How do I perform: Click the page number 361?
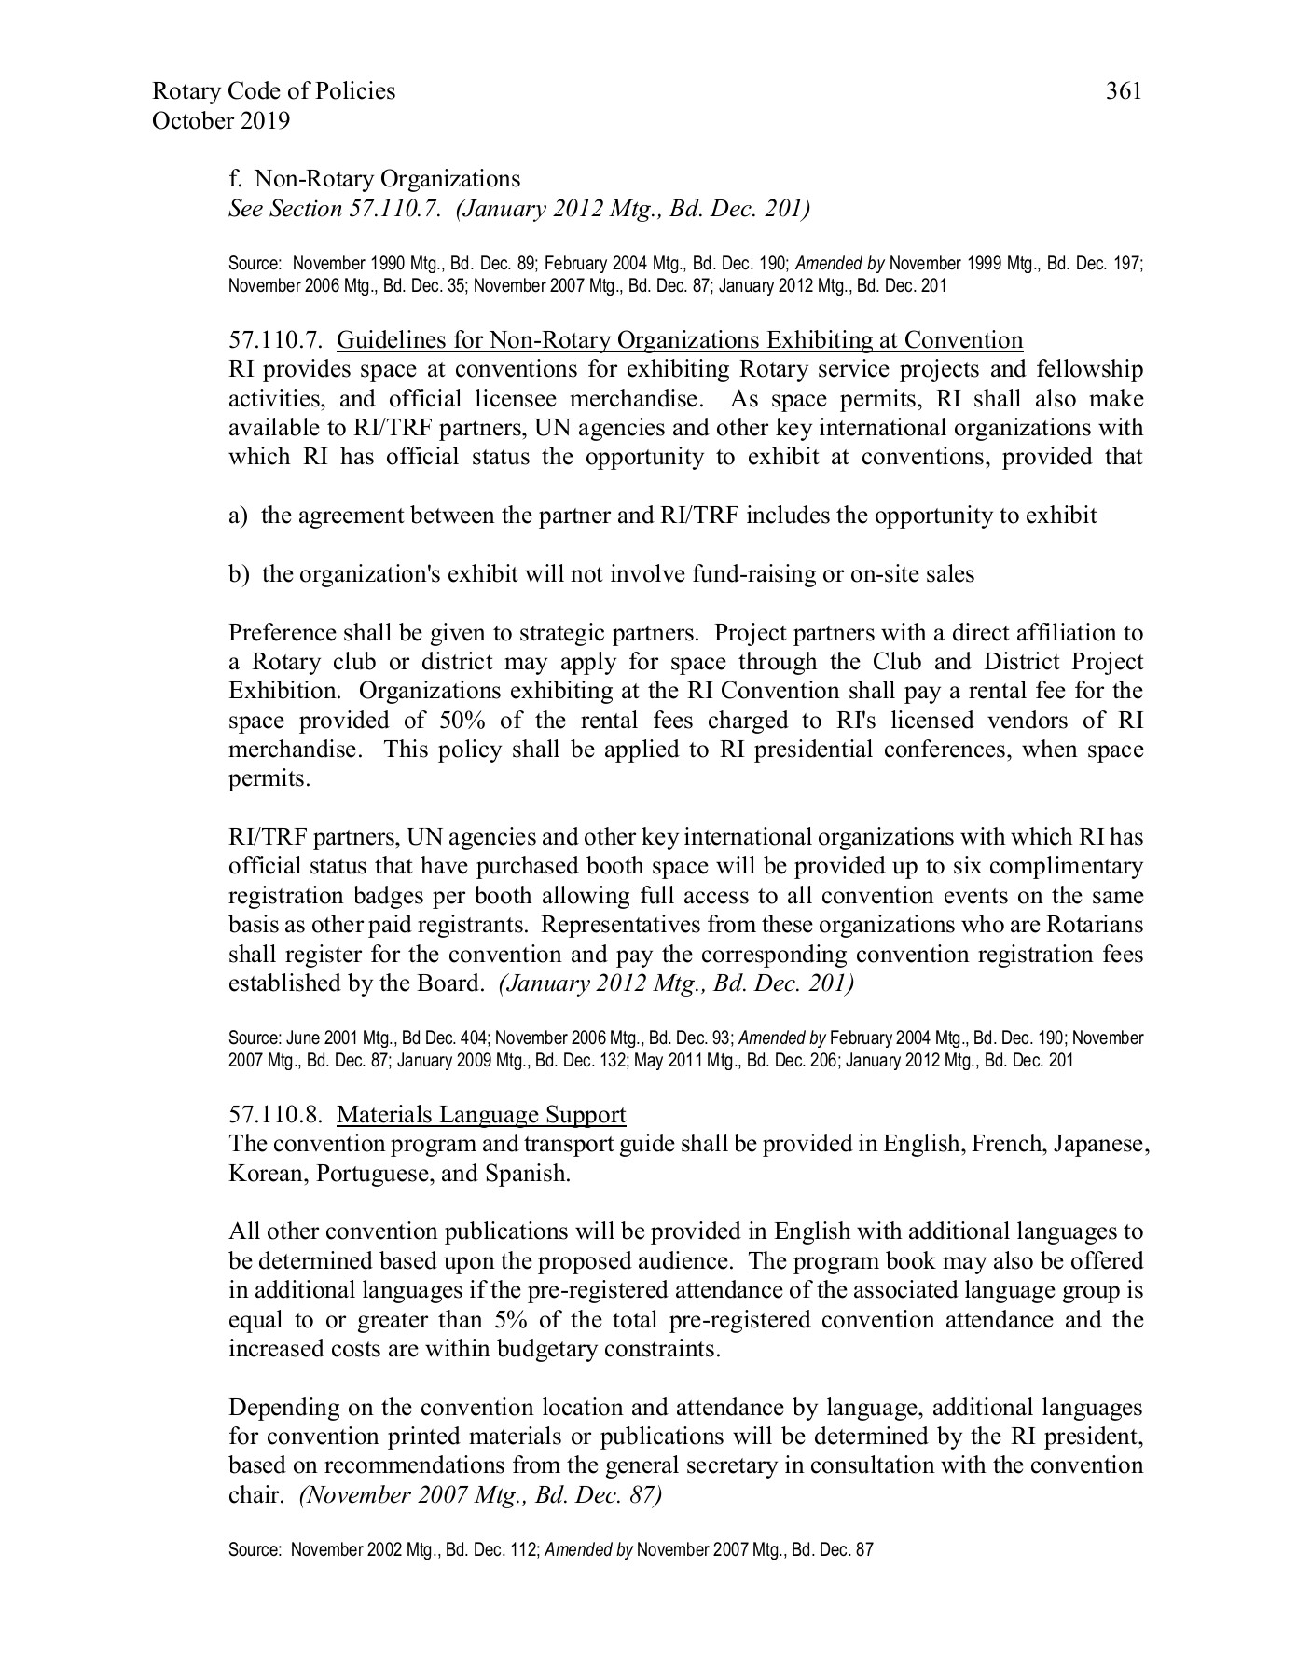(x=1124, y=91)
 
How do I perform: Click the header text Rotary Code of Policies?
(x=273, y=91)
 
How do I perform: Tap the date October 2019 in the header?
(x=220, y=121)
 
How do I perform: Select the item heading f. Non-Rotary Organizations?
(x=375, y=178)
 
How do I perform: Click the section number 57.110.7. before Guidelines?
(x=276, y=340)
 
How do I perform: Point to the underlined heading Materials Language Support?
(x=481, y=1115)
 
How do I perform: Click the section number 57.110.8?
(x=276, y=1115)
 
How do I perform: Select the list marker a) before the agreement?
(x=238, y=516)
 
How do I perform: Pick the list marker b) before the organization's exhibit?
(x=239, y=574)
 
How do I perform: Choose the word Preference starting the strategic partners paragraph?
(x=285, y=633)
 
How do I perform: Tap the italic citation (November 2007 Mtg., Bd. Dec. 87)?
(x=480, y=1495)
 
